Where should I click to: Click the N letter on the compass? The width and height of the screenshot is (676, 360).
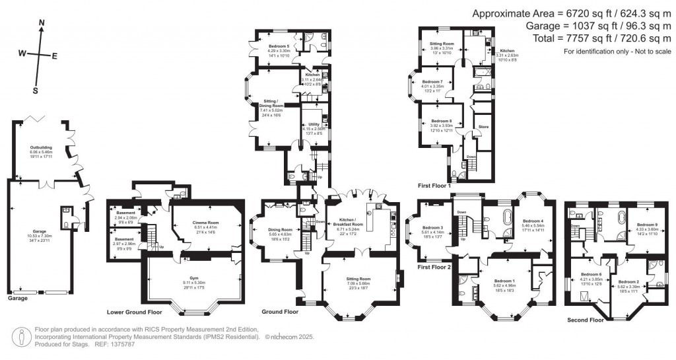(42, 22)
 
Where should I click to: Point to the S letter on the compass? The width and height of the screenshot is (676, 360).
(36, 90)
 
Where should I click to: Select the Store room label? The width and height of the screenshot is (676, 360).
(483, 124)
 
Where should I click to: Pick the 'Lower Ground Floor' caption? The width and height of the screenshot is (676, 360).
(134, 311)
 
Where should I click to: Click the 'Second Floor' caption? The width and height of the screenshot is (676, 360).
(585, 320)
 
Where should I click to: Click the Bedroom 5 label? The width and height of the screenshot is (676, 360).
(279, 46)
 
